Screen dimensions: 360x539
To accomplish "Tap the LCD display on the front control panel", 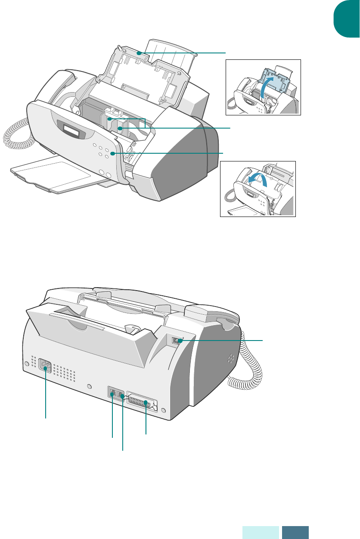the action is tap(68, 128).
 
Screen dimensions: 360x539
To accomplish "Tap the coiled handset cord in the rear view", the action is tap(248, 370).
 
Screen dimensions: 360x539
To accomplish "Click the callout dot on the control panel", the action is tap(112, 153).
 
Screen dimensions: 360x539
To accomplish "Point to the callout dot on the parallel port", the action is tap(146, 403).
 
